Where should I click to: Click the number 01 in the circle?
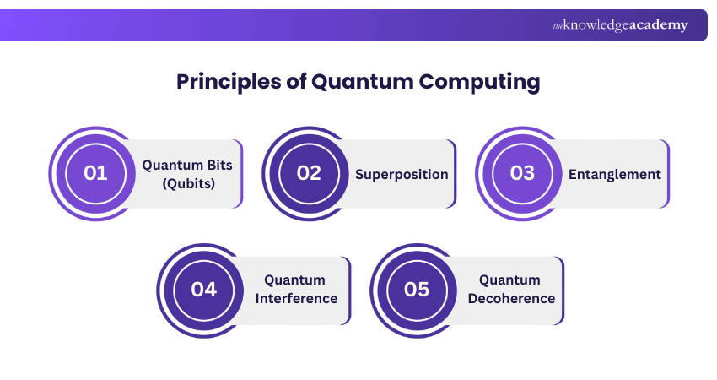pyautogui.click(x=95, y=173)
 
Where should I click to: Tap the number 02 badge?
pyautogui.click(x=310, y=173)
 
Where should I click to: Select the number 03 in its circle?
pyautogui.click(x=523, y=173)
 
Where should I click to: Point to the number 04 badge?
pyautogui.click(x=203, y=290)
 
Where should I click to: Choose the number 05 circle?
pyautogui.click(x=417, y=290)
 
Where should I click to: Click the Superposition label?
pyautogui.click(x=402, y=174)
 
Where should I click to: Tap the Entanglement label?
pyautogui.click(x=615, y=174)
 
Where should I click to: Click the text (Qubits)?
pyautogui.click(x=187, y=183)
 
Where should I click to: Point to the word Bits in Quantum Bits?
pyautogui.click(x=218, y=165)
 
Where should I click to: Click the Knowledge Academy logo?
pyautogui.click(x=620, y=25)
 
